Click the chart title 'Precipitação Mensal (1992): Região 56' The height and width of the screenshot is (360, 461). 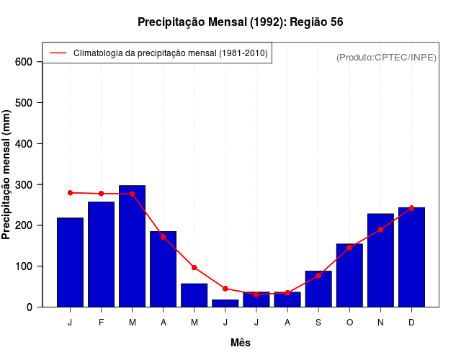click(240, 22)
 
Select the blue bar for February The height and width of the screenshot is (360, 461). click(101, 254)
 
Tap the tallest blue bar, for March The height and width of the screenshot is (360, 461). click(132, 246)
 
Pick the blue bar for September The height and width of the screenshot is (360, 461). click(318, 289)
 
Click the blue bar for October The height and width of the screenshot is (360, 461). click(349, 275)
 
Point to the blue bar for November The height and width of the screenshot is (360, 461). click(380, 260)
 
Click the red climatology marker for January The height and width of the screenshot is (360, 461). click(70, 193)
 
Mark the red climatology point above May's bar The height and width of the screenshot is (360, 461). click(194, 267)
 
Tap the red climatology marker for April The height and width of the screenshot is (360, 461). click(163, 236)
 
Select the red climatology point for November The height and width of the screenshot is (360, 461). click(380, 230)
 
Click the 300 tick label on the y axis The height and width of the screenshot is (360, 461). click(24, 185)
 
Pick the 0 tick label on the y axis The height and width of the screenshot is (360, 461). click(29, 307)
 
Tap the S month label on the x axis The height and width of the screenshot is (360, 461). click(318, 323)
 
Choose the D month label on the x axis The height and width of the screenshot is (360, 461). click(411, 323)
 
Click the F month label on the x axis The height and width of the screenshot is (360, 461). click(101, 323)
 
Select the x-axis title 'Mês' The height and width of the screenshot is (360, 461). click(241, 343)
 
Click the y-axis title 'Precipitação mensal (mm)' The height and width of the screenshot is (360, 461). click(7, 174)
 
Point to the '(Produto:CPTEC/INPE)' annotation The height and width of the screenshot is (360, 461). click(386, 57)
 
